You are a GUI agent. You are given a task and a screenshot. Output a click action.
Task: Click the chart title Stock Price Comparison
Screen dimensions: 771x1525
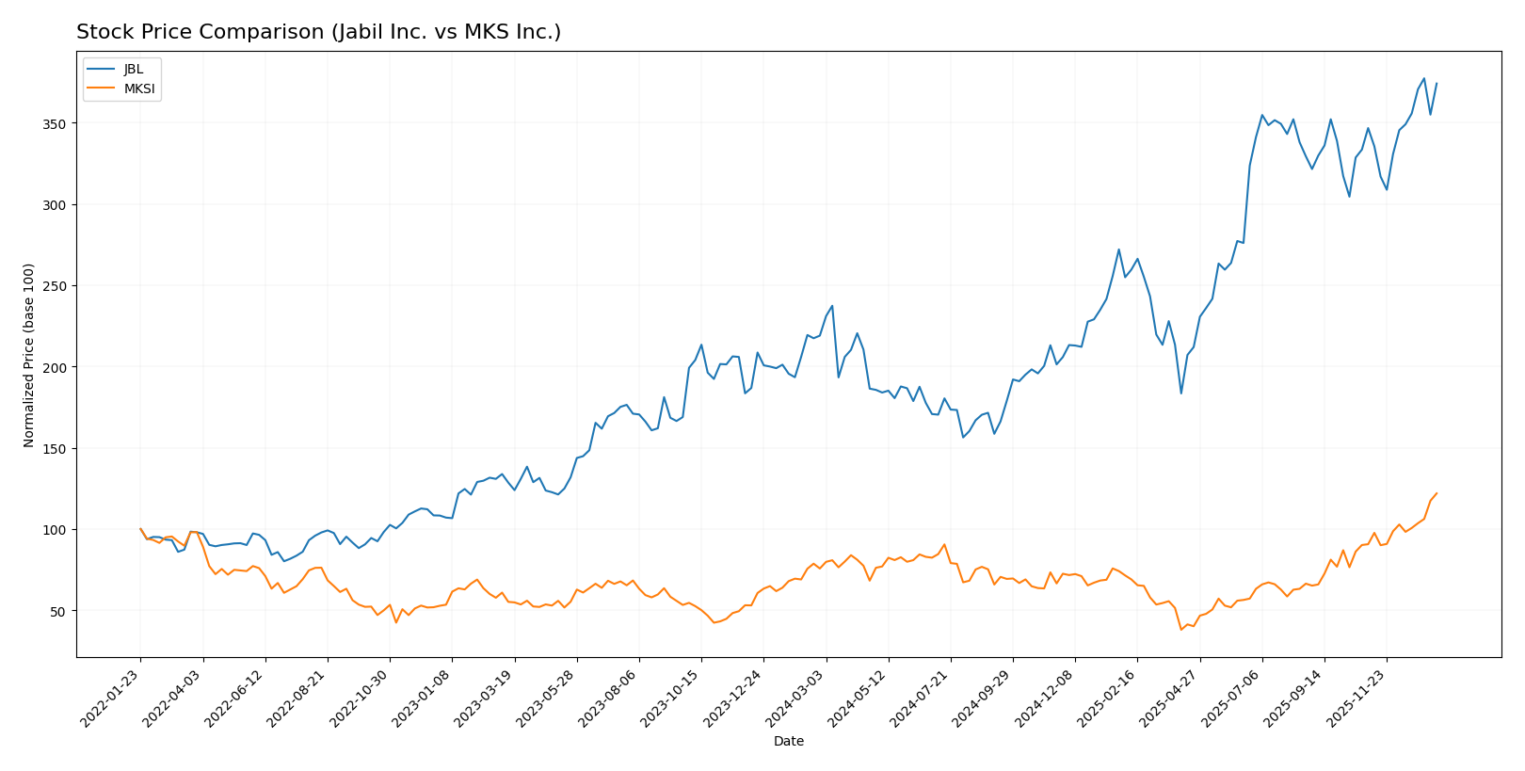[318, 32]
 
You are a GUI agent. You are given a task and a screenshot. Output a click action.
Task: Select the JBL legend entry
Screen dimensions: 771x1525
[133, 70]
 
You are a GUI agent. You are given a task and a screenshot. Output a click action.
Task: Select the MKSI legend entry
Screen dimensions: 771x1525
[138, 89]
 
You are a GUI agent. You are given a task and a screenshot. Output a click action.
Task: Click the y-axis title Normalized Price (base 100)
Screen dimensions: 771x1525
[29, 356]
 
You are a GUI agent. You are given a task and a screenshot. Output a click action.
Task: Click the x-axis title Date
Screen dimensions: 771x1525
[788, 742]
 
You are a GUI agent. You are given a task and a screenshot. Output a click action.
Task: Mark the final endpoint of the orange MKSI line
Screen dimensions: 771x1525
[1437, 493]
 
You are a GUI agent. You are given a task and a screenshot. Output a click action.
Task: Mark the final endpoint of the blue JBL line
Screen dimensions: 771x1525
[1437, 83]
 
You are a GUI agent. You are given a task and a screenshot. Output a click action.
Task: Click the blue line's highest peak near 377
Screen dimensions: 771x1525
[1424, 78]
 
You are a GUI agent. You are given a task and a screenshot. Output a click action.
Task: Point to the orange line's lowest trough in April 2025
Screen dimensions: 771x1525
[1180, 630]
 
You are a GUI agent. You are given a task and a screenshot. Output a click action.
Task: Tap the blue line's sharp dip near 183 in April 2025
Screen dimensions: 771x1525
[1180, 394]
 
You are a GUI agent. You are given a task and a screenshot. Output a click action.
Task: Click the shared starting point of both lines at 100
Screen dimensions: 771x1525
[140, 529]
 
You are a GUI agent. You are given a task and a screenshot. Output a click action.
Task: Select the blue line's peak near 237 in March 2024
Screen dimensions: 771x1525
[832, 306]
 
